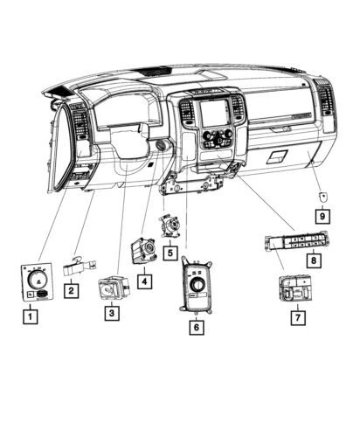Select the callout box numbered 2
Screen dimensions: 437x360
73,290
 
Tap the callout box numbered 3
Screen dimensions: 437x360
111,312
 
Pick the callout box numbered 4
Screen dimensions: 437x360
142,281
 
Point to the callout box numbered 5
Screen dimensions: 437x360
169,253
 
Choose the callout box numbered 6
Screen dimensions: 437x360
197,327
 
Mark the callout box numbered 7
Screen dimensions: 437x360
298,318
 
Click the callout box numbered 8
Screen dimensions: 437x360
312,260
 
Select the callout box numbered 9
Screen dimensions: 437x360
322,215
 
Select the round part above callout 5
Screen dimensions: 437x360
169,226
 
